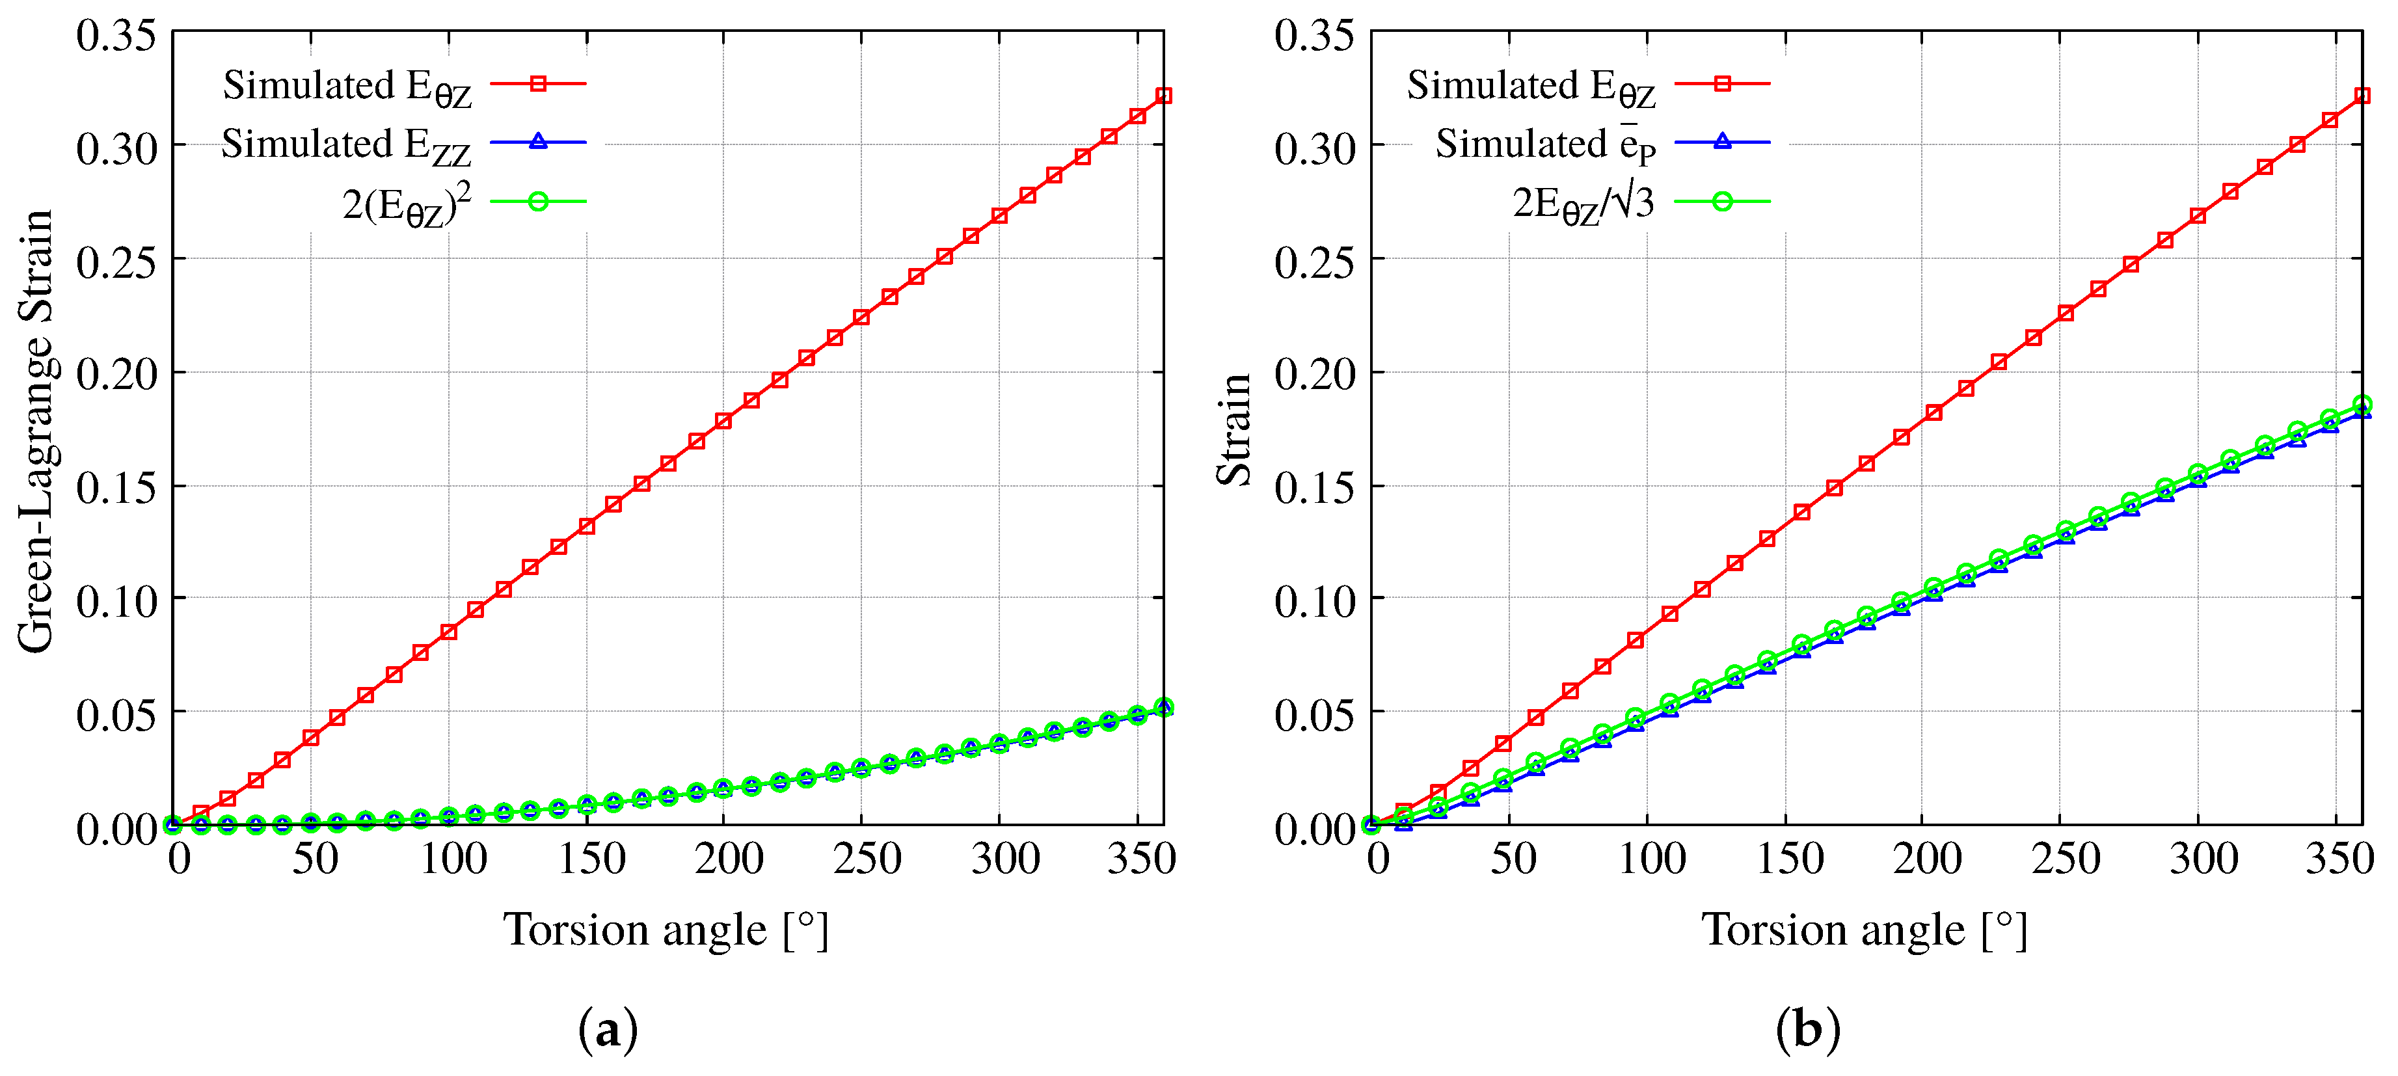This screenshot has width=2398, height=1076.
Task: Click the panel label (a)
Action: (608, 1029)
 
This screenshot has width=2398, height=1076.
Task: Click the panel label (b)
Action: (1807, 1029)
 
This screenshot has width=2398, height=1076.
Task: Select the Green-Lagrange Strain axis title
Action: (35, 430)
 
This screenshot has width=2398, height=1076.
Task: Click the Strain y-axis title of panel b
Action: (1234, 430)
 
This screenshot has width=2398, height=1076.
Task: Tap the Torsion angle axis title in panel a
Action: (665, 930)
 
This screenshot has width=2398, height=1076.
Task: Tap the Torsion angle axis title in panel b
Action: (1864, 930)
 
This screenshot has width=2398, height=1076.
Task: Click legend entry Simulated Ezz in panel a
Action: (346, 145)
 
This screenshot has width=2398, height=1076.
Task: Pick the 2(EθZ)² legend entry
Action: (407, 204)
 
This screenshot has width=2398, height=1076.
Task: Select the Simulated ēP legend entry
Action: (1545, 145)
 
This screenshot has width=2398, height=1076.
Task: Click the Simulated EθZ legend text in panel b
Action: (1531, 87)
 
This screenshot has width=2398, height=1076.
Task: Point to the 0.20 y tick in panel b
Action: (1314, 373)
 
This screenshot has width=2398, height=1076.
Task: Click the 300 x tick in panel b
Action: (2203, 858)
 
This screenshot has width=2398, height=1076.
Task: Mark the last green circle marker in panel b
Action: (2362, 405)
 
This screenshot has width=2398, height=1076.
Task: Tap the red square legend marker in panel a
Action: (538, 84)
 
